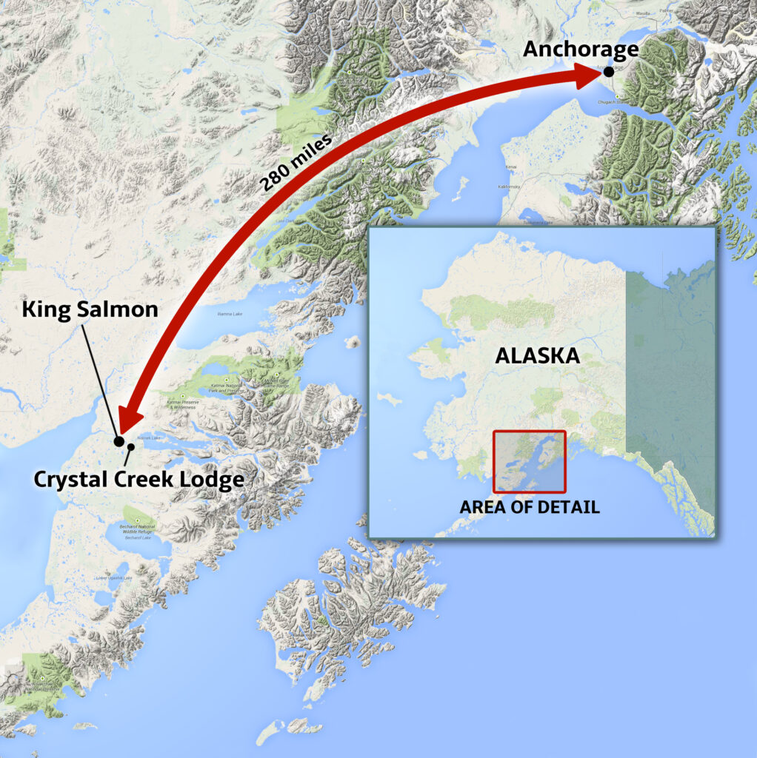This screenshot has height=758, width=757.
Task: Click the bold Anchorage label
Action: (x=580, y=50)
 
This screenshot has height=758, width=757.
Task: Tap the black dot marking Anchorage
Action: (x=608, y=71)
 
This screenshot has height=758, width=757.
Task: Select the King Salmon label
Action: (x=90, y=309)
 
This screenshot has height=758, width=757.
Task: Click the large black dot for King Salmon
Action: (x=119, y=441)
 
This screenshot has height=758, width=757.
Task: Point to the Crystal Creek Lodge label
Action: (x=139, y=480)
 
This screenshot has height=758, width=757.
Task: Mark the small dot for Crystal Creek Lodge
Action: (x=131, y=446)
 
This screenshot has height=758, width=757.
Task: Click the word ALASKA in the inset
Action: (x=537, y=355)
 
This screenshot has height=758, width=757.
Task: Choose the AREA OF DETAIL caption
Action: (x=530, y=508)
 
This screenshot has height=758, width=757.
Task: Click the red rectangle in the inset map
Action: (x=530, y=462)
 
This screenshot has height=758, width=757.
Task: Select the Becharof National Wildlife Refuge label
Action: (x=139, y=530)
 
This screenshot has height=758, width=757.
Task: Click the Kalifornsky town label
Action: (x=509, y=188)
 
